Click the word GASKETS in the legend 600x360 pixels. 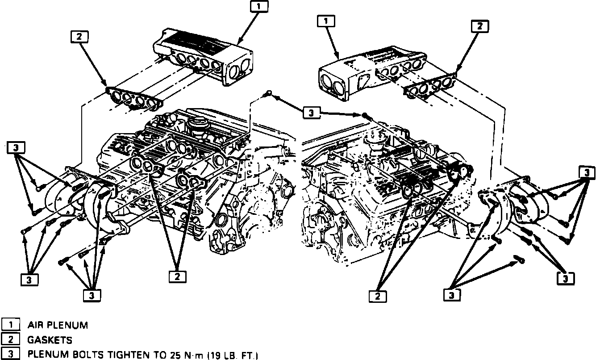(x=50, y=340)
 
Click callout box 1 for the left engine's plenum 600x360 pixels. (x=260, y=7)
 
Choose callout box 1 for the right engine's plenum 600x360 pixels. (x=326, y=21)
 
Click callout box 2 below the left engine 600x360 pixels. (x=177, y=276)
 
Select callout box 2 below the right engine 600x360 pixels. (x=378, y=295)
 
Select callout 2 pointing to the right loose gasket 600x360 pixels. (x=480, y=26)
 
